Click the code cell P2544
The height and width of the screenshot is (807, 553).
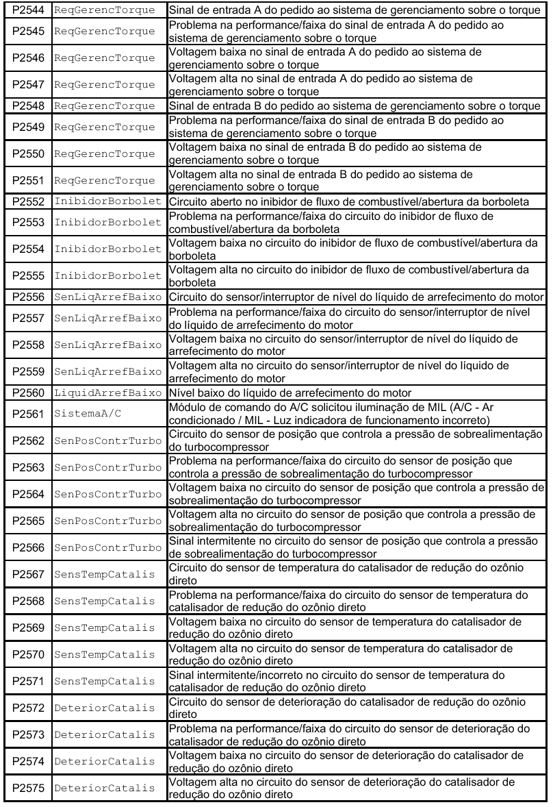point(25,11)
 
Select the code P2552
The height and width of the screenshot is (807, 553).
point(25,203)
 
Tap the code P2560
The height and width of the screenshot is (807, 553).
point(25,393)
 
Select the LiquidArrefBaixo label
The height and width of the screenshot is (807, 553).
point(108,393)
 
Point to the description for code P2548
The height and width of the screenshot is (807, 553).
point(356,105)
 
